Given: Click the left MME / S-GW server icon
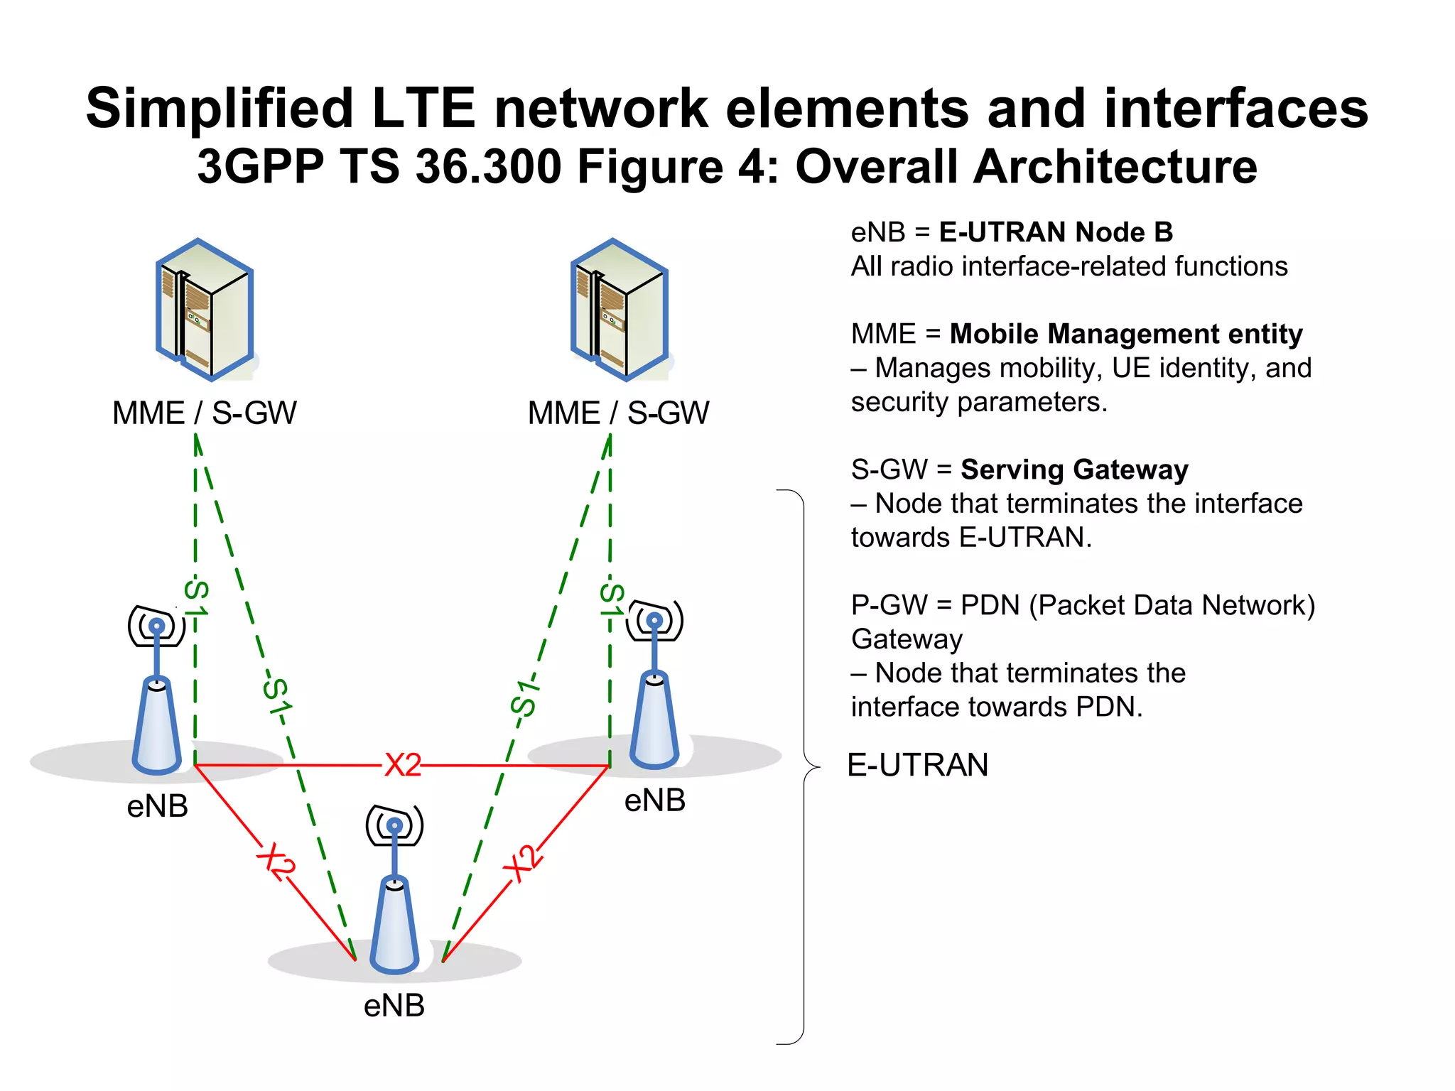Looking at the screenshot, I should pyautogui.click(x=205, y=310).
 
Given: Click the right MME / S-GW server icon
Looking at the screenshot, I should pyautogui.click(x=620, y=310).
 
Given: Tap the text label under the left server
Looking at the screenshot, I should pyautogui.click(x=205, y=413).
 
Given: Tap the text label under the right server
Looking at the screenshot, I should pyautogui.click(x=618, y=413).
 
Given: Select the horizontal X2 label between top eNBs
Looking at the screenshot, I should pyautogui.click(x=403, y=766).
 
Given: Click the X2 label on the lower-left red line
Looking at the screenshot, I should pyautogui.click(x=276, y=862).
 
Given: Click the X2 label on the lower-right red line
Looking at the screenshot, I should pyautogui.click(x=523, y=863).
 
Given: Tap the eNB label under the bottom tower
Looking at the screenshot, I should pyautogui.click(x=394, y=1006).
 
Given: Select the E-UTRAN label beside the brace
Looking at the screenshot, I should pyautogui.click(x=918, y=766).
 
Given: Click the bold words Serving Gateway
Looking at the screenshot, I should pyautogui.click(x=1074, y=469).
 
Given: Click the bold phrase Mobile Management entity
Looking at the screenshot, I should pyautogui.click(x=1126, y=334).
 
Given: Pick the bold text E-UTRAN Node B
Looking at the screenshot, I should pyautogui.click(x=1056, y=232).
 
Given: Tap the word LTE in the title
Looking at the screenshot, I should pyautogui.click(x=423, y=108).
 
